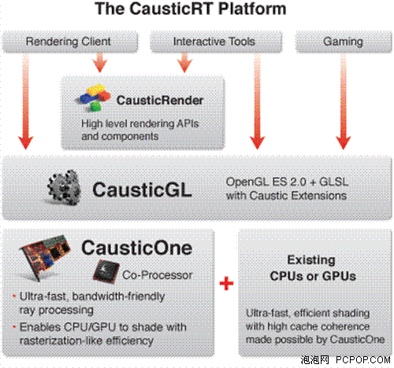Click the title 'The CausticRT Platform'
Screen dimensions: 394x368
(x=191, y=9)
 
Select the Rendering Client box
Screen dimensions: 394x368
(x=70, y=42)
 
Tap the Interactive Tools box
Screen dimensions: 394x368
(x=216, y=42)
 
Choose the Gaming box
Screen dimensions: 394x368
(x=344, y=42)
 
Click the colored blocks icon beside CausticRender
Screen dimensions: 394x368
(x=94, y=98)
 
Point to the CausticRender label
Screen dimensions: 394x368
(x=160, y=101)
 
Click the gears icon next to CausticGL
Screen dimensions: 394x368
(x=65, y=188)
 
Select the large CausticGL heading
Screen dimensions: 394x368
(x=142, y=190)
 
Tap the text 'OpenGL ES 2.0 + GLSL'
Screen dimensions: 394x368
(x=287, y=182)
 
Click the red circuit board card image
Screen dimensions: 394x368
(x=45, y=256)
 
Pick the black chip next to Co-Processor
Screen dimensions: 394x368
(x=106, y=272)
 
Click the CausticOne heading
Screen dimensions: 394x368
(x=136, y=248)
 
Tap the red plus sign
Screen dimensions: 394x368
(x=226, y=283)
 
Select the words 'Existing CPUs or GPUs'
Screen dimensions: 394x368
(x=312, y=268)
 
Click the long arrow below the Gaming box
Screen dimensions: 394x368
(x=344, y=101)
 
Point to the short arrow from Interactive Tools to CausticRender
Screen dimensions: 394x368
(x=184, y=62)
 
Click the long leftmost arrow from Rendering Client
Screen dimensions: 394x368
(x=25, y=101)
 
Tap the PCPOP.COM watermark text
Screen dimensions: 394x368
(x=363, y=360)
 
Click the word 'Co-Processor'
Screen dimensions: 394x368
(x=157, y=275)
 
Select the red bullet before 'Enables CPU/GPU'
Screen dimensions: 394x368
(x=14, y=327)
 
